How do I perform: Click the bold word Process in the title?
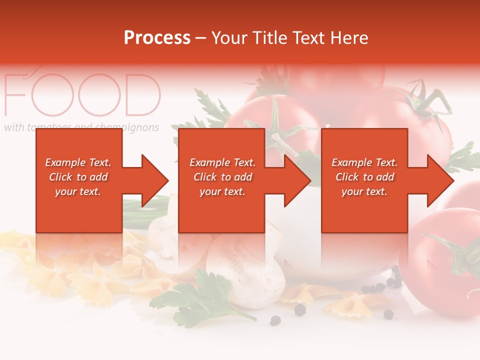[x=157, y=38]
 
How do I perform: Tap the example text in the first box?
[x=78, y=177]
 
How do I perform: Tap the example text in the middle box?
[x=222, y=177]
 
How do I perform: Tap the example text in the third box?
[x=364, y=177]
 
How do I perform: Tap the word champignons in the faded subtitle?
[x=132, y=127]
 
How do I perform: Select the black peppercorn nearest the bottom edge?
[x=274, y=320]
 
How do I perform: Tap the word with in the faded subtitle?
[x=13, y=127]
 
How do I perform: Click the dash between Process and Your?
[x=201, y=38]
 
